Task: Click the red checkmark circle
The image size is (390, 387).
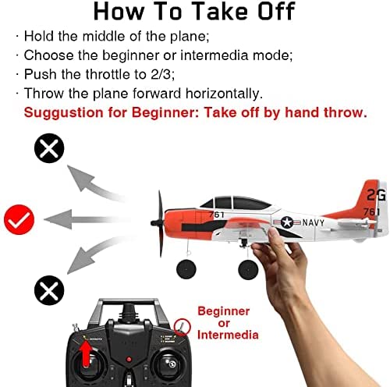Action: click(x=19, y=219)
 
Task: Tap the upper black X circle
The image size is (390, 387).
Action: click(x=49, y=148)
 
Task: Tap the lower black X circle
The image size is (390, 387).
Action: click(x=49, y=290)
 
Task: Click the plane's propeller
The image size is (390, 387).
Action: click(x=159, y=224)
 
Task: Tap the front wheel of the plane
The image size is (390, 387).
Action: click(x=186, y=269)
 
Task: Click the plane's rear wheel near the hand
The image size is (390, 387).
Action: click(x=248, y=270)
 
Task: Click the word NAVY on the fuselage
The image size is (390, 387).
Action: click(x=314, y=222)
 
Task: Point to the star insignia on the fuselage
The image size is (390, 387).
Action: click(x=287, y=222)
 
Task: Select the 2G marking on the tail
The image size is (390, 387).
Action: click(x=376, y=195)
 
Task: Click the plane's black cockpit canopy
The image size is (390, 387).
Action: click(x=236, y=203)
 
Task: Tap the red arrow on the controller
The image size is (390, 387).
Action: click(x=86, y=354)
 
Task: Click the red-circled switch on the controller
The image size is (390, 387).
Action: click(x=183, y=327)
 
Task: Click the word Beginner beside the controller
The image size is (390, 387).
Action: click(x=224, y=311)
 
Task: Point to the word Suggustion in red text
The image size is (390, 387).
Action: click(x=64, y=113)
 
